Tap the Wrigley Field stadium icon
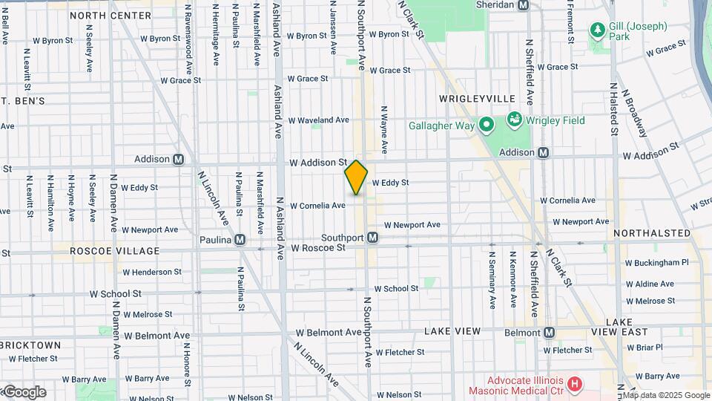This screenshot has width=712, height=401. [x=514, y=119]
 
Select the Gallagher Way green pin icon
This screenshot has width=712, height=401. [x=486, y=125]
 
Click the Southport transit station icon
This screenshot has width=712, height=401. [x=374, y=238]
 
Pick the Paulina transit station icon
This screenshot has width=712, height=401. [x=240, y=239]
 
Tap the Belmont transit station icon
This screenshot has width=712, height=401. [x=549, y=332]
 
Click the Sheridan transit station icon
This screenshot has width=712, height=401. [x=523, y=4]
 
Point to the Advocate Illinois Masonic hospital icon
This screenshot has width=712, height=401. [x=574, y=384]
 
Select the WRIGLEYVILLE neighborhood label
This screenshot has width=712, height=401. [x=477, y=98]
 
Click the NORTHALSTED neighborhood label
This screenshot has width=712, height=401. [x=652, y=233]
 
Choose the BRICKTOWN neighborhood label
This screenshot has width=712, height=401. [x=30, y=345]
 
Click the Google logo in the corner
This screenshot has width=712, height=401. [x=24, y=392]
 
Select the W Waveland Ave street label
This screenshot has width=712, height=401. [x=318, y=120]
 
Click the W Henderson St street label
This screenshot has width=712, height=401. [x=147, y=273]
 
